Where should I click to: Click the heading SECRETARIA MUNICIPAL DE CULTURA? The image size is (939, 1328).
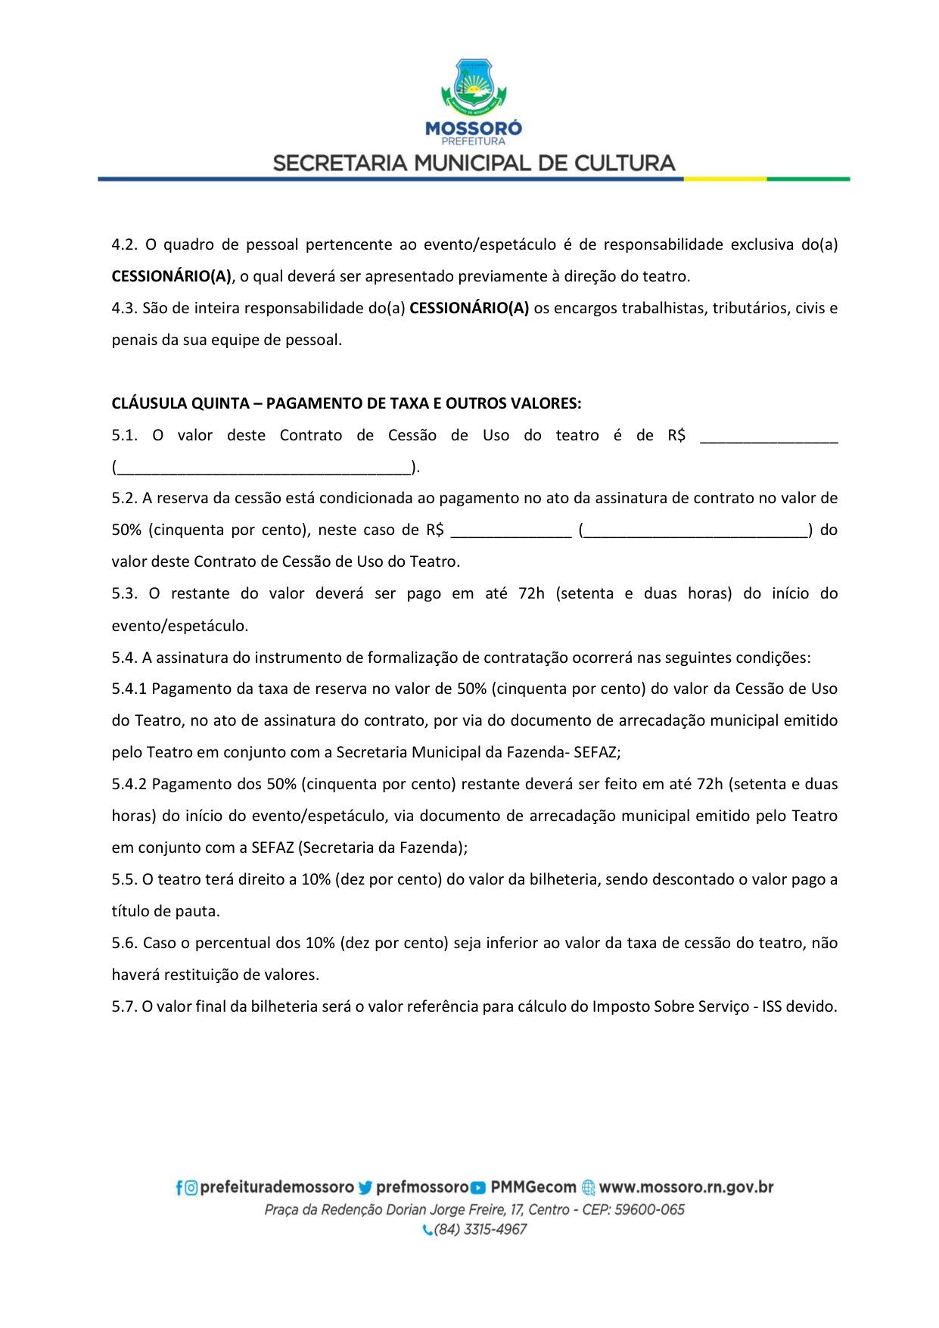[x=474, y=163]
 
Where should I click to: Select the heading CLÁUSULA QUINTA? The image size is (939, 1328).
[x=346, y=403]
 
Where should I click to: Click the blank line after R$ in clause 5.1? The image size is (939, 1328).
[x=769, y=437]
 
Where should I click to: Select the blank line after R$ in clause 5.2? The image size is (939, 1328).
[x=511, y=532]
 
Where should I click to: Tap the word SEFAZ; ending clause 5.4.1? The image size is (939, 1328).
[x=597, y=752]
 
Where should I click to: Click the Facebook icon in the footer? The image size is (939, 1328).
[x=179, y=1188]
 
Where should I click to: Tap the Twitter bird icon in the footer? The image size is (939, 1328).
[x=366, y=1188]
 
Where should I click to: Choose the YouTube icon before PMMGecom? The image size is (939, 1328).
[x=478, y=1188]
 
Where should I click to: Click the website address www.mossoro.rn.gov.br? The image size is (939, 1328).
[x=686, y=1187]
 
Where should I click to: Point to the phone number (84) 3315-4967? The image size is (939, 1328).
[x=480, y=1230]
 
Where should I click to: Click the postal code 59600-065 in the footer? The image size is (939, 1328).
[x=649, y=1209]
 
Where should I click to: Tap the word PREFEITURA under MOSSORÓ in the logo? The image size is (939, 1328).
[x=474, y=142]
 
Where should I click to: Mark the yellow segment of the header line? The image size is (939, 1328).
[x=725, y=179]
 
